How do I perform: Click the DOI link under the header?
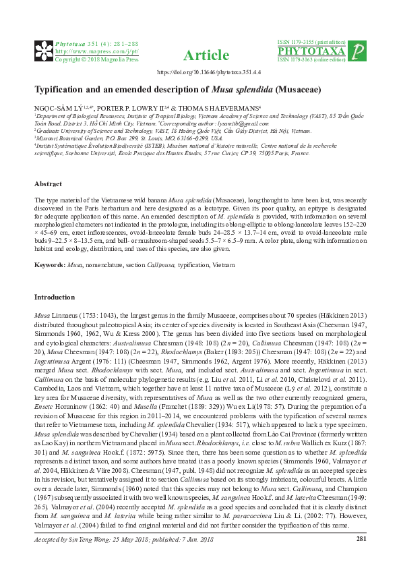[201, 72]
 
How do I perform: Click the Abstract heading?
[49, 184]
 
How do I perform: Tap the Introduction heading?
[57, 297]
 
